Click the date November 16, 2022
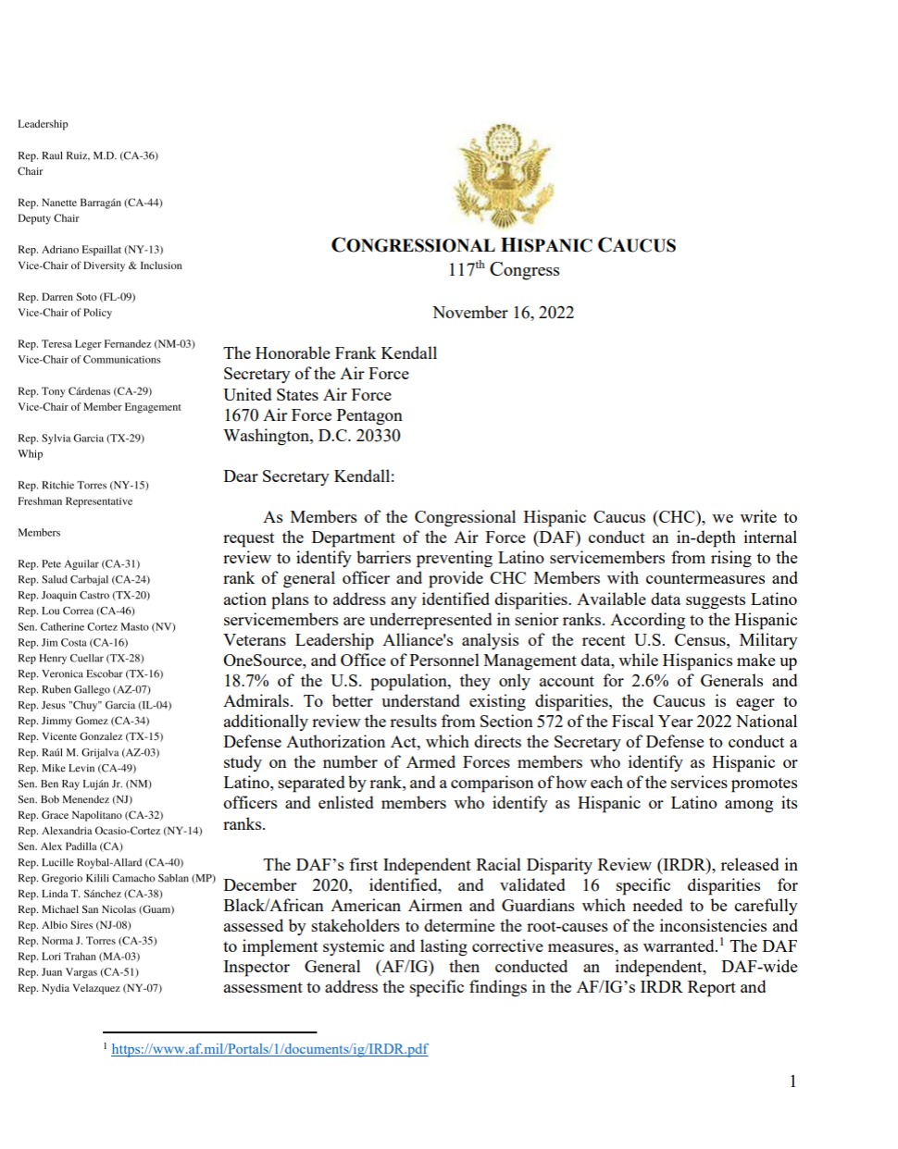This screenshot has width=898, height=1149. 503,312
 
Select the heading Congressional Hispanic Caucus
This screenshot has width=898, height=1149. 504,245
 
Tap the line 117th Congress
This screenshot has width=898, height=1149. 504,269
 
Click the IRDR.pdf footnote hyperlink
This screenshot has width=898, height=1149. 269,1049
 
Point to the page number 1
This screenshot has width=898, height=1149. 792,1081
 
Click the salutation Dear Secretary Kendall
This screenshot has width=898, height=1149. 308,476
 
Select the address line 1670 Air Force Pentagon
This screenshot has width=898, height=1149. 312,414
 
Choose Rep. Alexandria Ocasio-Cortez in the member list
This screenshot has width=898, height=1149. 109,831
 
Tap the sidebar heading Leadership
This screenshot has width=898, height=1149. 43,124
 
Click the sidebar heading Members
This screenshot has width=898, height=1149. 39,532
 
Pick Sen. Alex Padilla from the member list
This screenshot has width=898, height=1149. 69,846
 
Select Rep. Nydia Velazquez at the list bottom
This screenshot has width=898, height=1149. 89,988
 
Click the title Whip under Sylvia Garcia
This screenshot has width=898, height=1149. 30,453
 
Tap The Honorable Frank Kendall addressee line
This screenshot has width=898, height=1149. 330,352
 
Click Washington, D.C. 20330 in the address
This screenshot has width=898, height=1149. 312,435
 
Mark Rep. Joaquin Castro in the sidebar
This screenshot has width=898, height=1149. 83,595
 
